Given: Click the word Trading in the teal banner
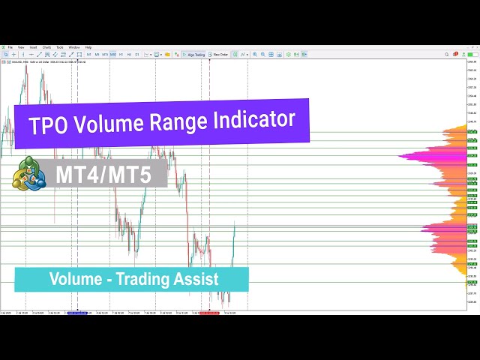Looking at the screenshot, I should pos(148,279).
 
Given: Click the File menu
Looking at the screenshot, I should pos(10,47).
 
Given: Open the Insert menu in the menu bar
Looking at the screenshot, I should pos(33,47).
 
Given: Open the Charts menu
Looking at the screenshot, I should pos(46,47).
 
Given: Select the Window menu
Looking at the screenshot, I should pos(74,47).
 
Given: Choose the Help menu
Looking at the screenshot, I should pos(88,47).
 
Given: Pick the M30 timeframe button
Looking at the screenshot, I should pos(113,54).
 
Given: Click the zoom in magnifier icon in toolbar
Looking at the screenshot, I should pos(254,54).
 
